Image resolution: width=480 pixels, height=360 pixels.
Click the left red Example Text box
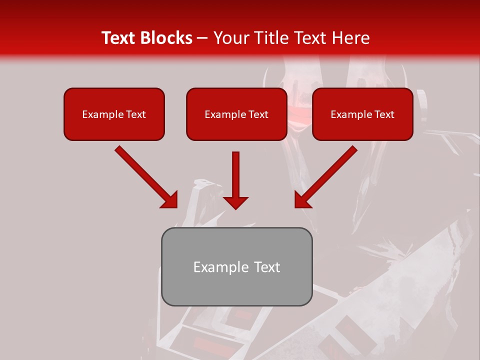click(x=114, y=114)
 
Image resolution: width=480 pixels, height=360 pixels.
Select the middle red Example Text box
click(x=236, y=114)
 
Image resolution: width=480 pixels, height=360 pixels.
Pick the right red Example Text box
click(x=362, y=114)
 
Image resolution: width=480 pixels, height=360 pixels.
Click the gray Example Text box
click(x=236, y=267)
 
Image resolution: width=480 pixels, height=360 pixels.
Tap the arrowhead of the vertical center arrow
click(x=235, y=202)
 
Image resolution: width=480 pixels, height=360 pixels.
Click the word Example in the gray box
click(x=217, y=267)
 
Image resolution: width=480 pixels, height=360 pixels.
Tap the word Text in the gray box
click(x=267, y=267)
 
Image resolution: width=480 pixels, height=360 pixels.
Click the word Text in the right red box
click(x=384, y=114)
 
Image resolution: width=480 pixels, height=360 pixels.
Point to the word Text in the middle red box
click(x=258, y=114)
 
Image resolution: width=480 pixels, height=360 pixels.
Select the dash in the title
click(x=203, y=38)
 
